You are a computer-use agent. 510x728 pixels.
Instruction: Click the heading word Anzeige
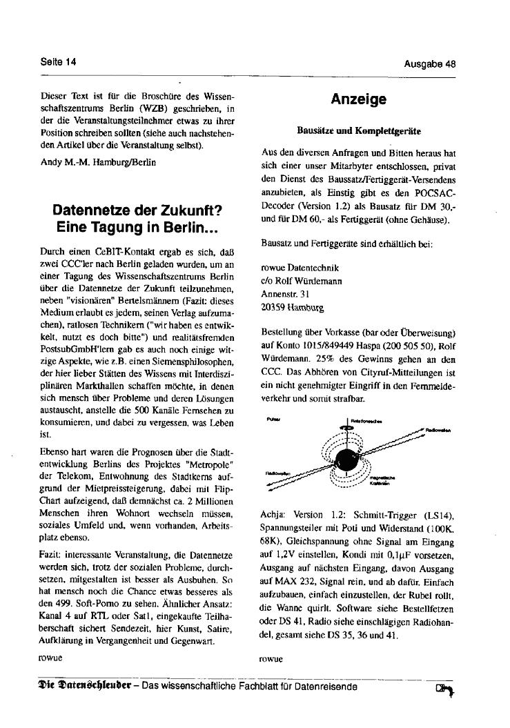pyautogui.click(x=358, y=100)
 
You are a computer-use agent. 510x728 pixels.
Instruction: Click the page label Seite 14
pyautogui.click(x=58, y=62)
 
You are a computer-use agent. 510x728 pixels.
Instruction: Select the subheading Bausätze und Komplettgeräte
pyautogui.click(x=359, y=130)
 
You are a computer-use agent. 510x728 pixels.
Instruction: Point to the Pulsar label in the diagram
pyautogui.click(x=269, y=419)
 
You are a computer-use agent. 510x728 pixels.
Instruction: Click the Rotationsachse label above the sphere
pyautogui.click(x=364, y=420)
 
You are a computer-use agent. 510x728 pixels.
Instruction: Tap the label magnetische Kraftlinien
pyautogui.click(x=381, y=480)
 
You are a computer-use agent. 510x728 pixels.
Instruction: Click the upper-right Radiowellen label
pyautogui.click(x=438, y=431)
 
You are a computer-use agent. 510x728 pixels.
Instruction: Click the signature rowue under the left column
pyautogui.click(x=51, y=658)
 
